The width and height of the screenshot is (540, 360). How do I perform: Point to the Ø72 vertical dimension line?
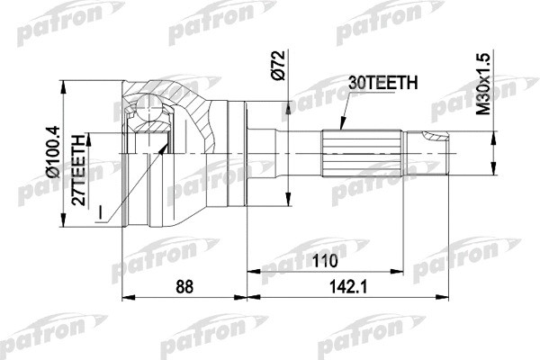(x=287, y=135)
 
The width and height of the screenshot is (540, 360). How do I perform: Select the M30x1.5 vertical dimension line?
(x=493, y=153)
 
